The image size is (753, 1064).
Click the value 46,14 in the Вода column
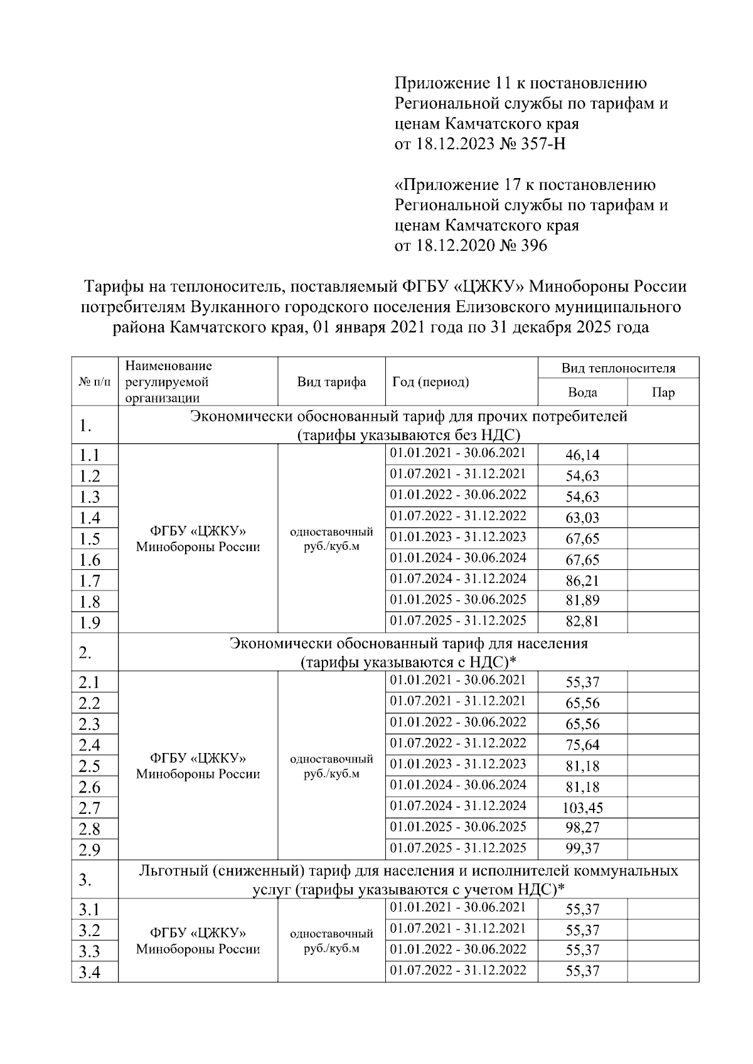(582, 455)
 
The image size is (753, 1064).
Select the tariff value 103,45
(582, 808)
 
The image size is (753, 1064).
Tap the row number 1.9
(90, 623)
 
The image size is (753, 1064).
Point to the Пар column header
(663, 392)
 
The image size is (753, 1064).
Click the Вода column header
(582, 392)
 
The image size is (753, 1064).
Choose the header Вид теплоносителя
(618, 368)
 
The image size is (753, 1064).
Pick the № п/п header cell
(95, 382)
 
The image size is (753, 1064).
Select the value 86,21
(582, 580)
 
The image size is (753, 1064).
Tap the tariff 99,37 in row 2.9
(582, 849)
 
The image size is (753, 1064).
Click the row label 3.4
(90, 972)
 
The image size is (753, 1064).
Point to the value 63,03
(582, 517)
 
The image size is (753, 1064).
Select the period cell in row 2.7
(458, 806)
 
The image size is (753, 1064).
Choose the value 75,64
(582, 745)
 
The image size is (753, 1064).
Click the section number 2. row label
(86, 653)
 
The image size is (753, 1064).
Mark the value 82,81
(582, 621)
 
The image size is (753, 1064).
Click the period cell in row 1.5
(458, 537)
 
